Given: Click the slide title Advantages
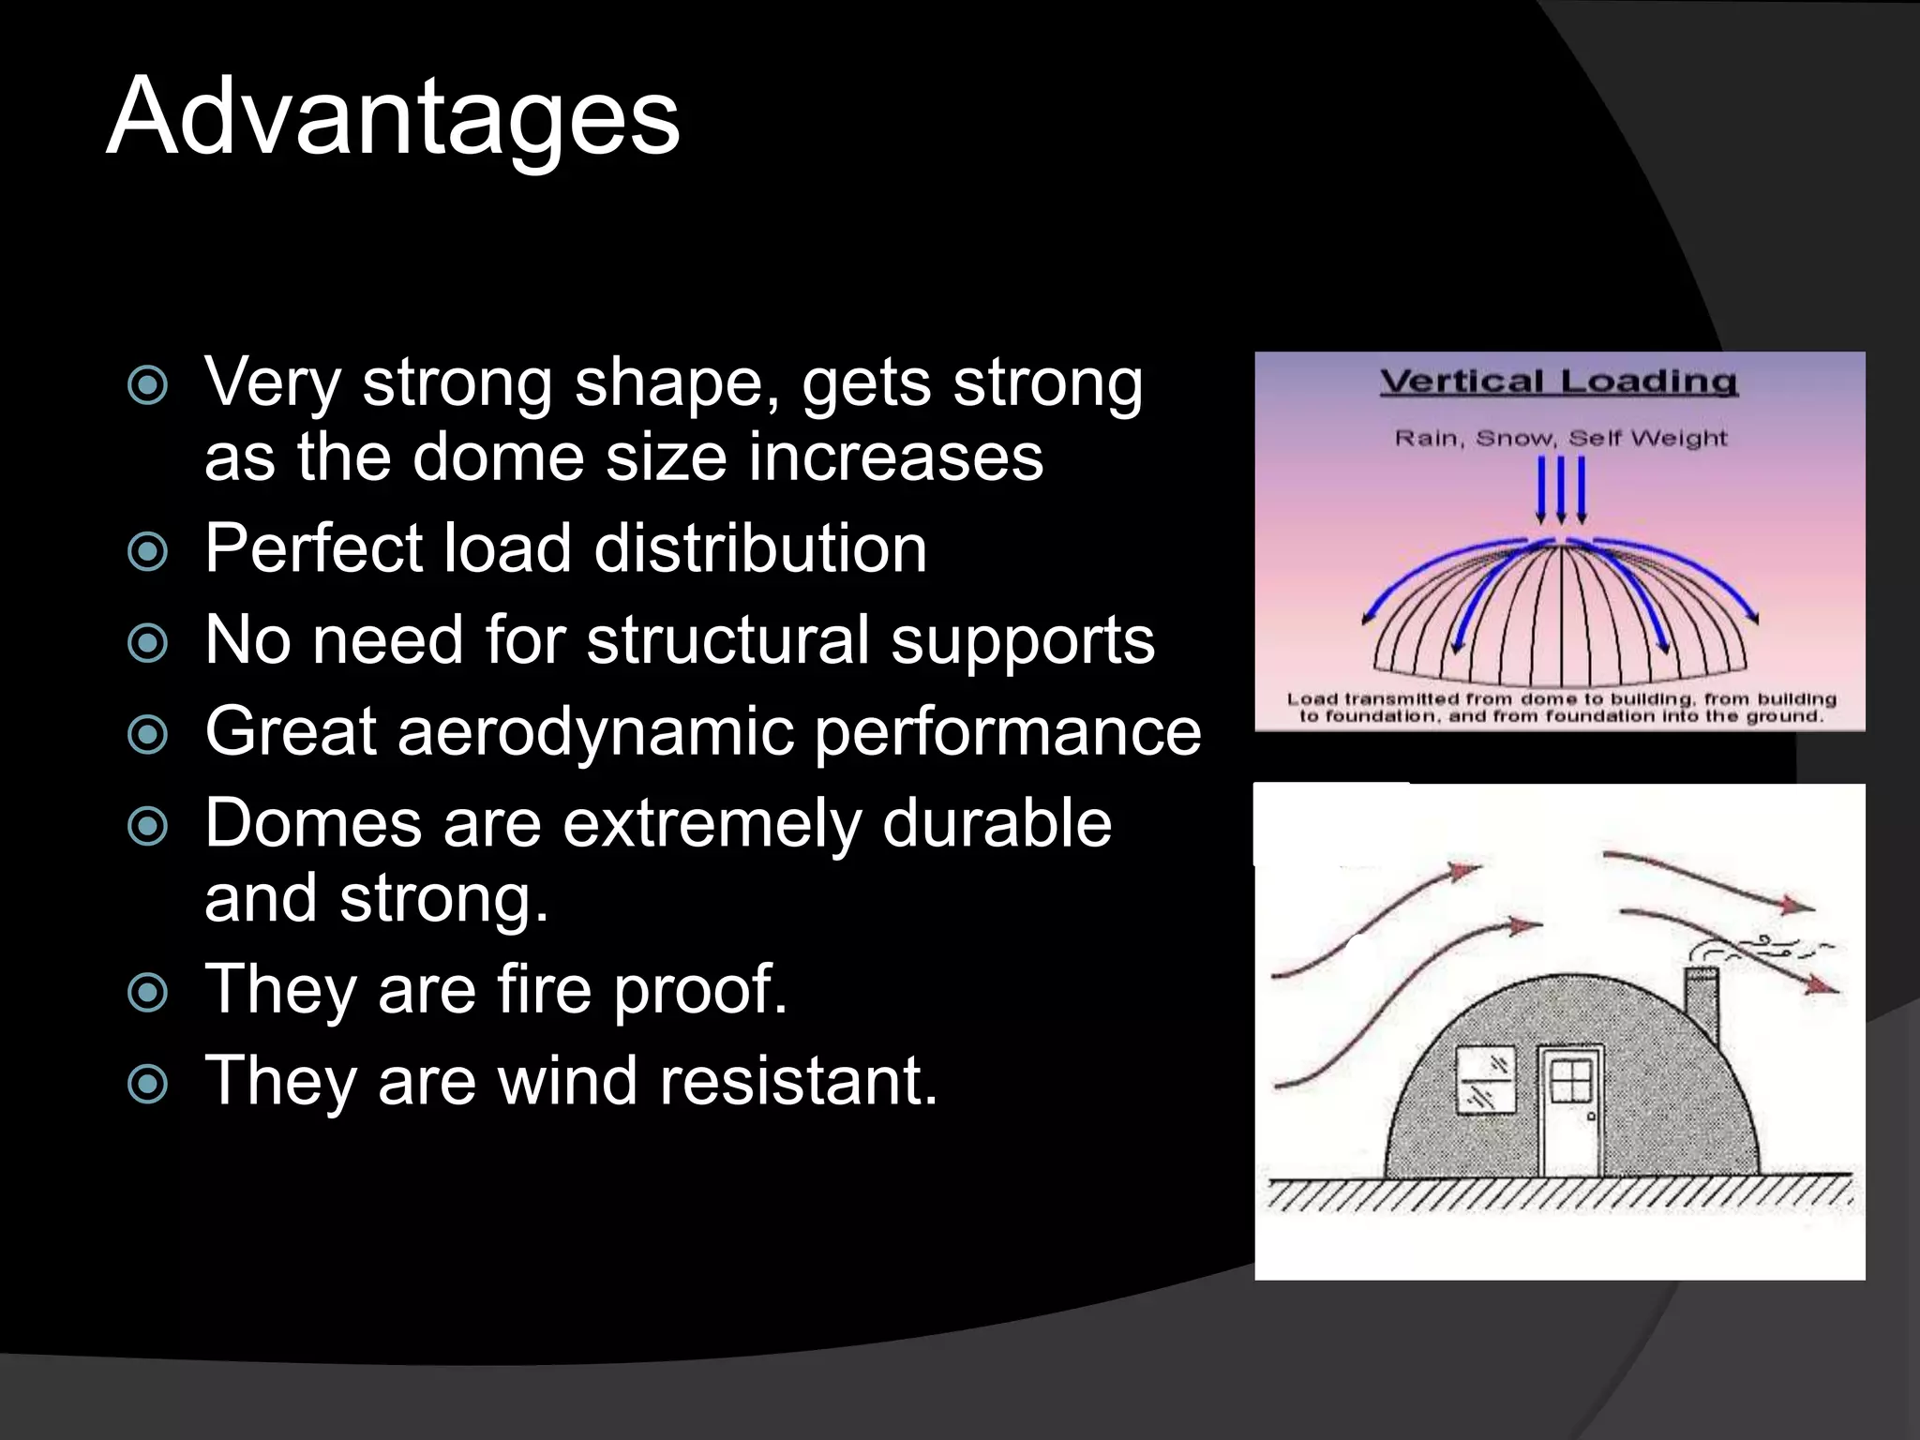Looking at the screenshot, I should (x=393, y=117).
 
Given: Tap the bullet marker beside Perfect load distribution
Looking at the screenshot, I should (x=147, y=551).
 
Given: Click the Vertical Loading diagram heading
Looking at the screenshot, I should (x=1558, y=382).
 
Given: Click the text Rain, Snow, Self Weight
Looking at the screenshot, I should (x=1560, y=438).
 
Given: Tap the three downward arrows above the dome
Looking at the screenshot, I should (x=1561, y=489).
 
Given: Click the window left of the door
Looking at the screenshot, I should (x=1486, y=1081).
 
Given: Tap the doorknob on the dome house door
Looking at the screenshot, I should (x=1591, y=1117).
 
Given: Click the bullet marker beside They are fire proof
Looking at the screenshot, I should (x=147, y=992).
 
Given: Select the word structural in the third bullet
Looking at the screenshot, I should (x=727, y=640).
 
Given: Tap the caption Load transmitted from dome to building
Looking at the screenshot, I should (x=1560, y=708).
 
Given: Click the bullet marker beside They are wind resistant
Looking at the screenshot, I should (x=147, y=1084).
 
